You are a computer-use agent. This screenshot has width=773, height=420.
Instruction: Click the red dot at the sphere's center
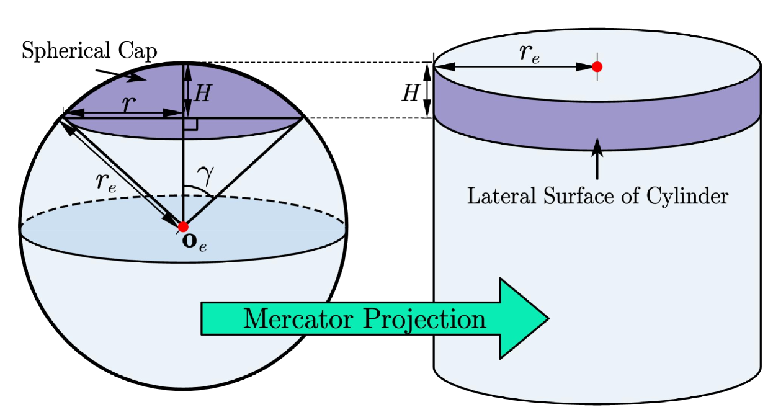point(183,226)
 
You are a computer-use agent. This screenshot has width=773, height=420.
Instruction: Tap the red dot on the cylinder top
point(597,66)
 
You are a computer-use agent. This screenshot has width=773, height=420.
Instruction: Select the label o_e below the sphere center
point(194,241)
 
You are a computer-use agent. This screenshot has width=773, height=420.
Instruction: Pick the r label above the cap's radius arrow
point(129,104)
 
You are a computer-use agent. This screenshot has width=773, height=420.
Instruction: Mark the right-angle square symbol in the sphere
point(190,124)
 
